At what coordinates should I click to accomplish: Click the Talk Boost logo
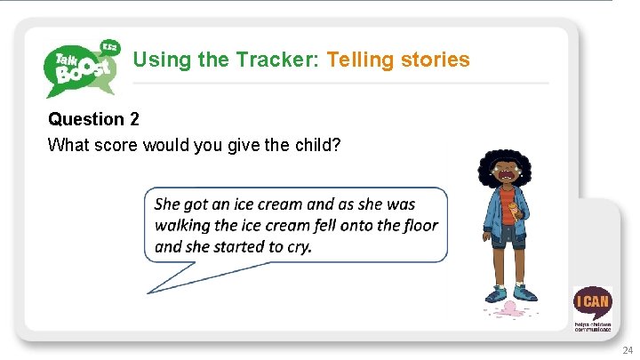[x=81, y=66]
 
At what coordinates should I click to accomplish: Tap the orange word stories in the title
[x=435, y=60]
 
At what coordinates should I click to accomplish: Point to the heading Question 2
[x=93, y=119]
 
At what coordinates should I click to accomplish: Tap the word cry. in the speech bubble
[x=294, y=246]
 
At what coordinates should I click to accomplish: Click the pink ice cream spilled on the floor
[x=509, y=309]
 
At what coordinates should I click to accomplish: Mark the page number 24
[x=628, y=350]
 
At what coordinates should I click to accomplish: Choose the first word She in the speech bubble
[x=168, y=204]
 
